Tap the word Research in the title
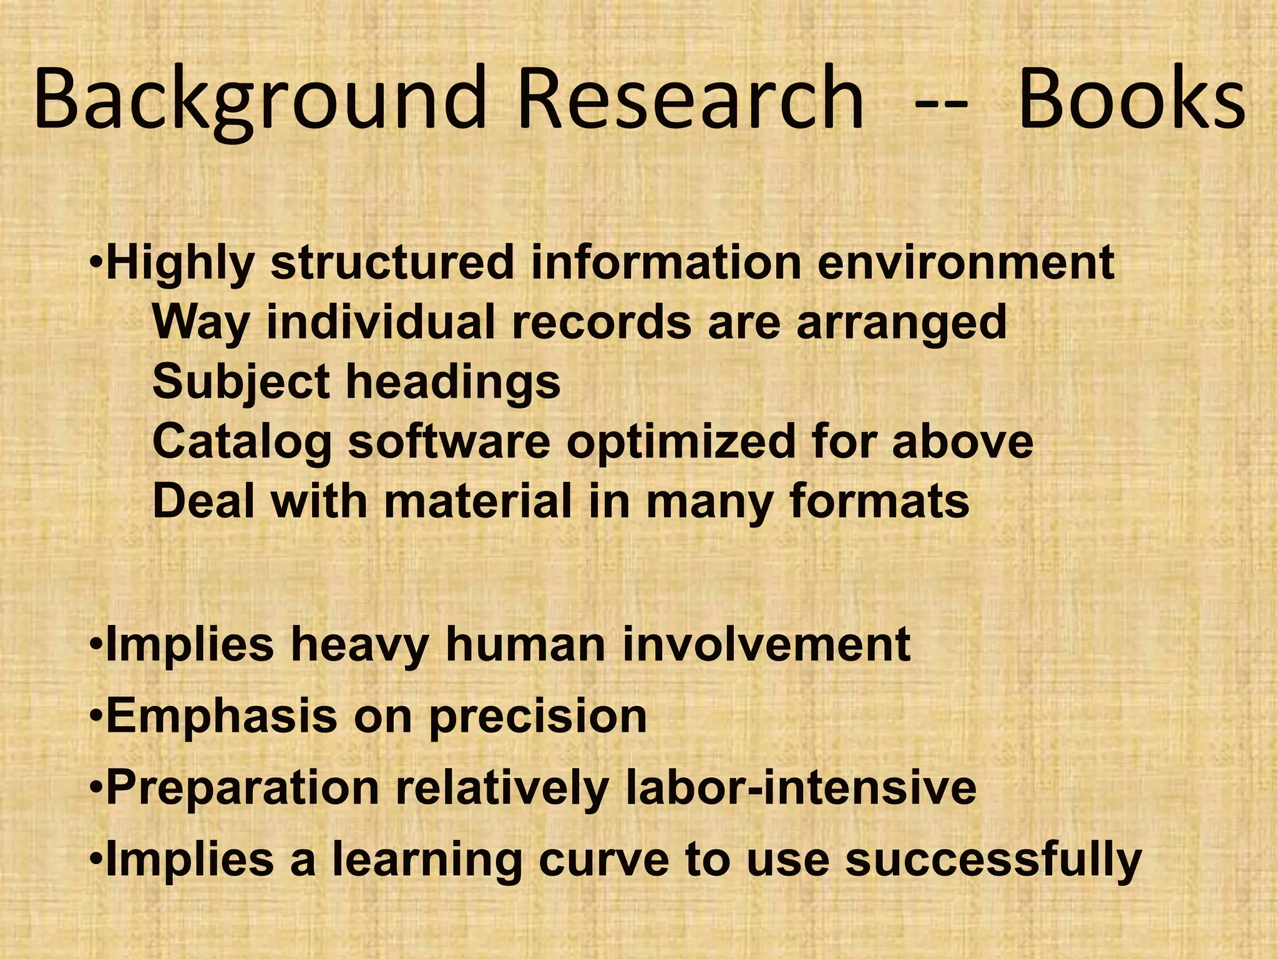(x=690, y=101)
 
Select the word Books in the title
(x=1131, y=101)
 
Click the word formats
(x=879, y=501)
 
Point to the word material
(x=478, y=501)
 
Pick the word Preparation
(x=243, y=788)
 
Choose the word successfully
(x=993, y=859)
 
